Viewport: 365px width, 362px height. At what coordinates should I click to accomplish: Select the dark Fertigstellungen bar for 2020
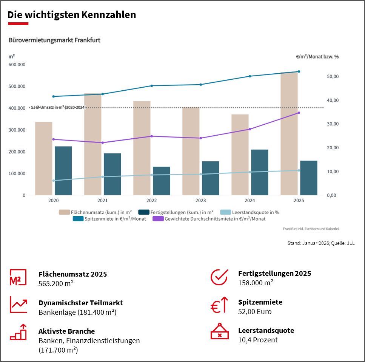coord(63,171)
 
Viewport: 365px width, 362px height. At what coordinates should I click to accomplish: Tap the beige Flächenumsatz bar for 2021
coord(92,144)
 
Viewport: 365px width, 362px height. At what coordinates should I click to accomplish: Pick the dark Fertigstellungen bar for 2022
coord(162,181)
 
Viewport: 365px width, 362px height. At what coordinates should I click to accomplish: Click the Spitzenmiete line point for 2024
coord(250,76)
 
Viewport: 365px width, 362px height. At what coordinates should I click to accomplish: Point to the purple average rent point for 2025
coord(299,113)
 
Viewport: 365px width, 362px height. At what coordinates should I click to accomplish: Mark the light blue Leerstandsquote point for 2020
coord(54,181)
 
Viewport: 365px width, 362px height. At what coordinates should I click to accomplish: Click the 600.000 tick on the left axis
coord(16,65)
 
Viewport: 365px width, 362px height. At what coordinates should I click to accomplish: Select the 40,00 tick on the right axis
coord(331,100)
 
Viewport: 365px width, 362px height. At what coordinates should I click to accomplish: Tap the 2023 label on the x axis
coord(201,201)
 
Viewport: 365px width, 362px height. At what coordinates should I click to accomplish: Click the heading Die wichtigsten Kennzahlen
coord(72,15)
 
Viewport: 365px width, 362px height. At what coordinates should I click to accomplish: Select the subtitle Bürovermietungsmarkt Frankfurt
coord(54,40)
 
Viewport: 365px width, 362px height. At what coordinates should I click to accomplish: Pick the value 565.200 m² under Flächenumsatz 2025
coord(56,283)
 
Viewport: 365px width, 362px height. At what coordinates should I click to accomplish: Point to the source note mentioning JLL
coord(321,243)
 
